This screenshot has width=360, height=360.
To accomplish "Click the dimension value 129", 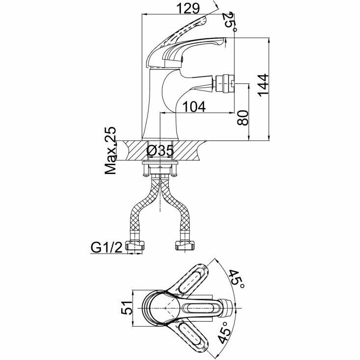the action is [x=189, y=8].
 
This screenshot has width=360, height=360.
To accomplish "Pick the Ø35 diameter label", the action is [x=160, y=150].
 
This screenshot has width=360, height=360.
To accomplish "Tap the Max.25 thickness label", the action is [x=111, y=151].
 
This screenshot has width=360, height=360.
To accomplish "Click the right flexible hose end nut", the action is [x=186, y=246].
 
